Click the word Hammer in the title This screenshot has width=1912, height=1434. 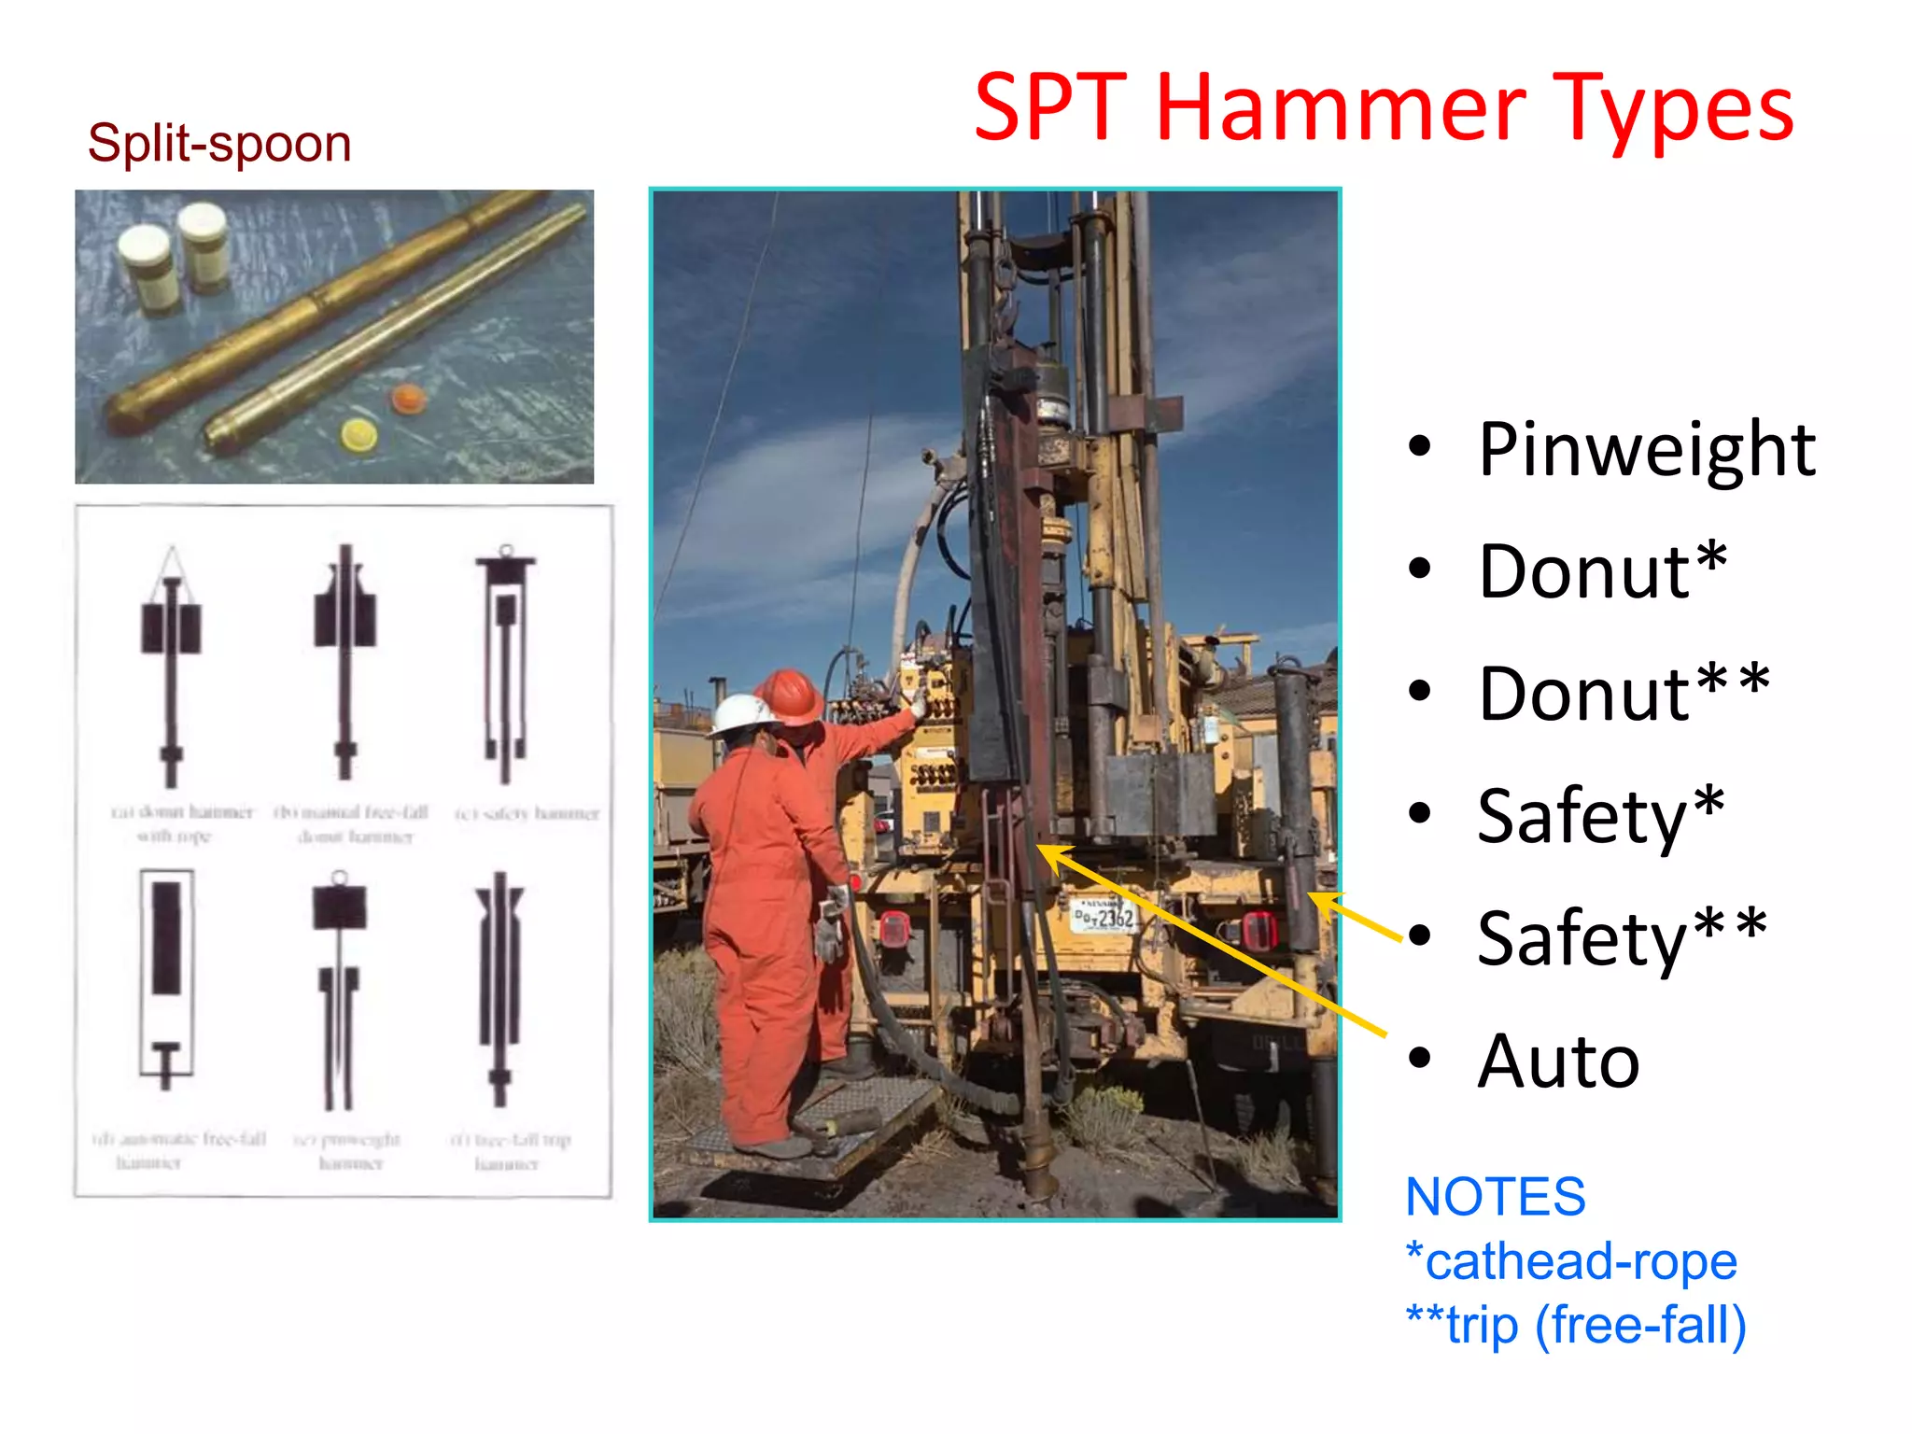coord(1341,109)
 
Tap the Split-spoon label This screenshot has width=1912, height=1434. coord(219,144)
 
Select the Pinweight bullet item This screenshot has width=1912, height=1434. coord(1646,450)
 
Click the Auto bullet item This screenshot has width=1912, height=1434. coord(1558,1061)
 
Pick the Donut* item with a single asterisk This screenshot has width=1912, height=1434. coord(1602,571)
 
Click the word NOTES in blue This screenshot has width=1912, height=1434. coord(1495,1196)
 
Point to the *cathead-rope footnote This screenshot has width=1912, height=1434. coord(1571,1260)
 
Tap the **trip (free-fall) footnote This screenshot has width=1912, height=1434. coord(1576,1325)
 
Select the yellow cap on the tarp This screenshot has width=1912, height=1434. coord(358,435)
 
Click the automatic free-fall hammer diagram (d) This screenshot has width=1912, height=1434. coord(166,976)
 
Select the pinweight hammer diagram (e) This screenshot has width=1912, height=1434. coord(339,990)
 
